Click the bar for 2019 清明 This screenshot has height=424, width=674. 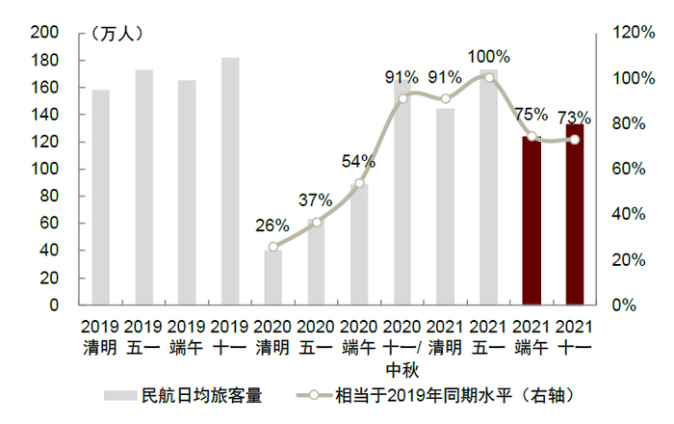tap(100, 198)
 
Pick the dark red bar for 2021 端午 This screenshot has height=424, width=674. tap(531, 221)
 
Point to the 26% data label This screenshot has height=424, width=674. tap(272, 225)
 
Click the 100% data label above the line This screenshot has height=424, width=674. tap(488, 57)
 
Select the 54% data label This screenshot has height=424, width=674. tap(358, 161)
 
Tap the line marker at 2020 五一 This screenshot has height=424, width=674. tap(317, 222)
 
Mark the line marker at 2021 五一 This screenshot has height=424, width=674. tap(489, 77)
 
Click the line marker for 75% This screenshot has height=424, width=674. tap(531, 136)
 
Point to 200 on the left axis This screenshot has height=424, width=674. tap(45, 33)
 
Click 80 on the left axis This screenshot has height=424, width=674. tap(49, 197)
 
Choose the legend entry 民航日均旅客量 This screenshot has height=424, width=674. tap(183, 394)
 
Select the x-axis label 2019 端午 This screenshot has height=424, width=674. tap(187, 336)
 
